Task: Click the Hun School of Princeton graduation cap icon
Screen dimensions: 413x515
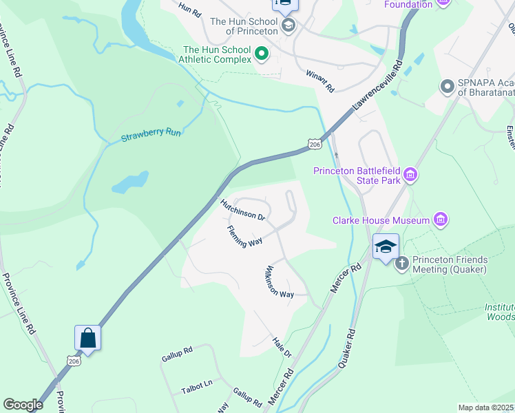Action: [x=288, y=26]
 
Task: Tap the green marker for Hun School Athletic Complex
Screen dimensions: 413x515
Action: [x=261, y=53]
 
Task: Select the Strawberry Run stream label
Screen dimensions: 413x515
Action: [x=151, y=133]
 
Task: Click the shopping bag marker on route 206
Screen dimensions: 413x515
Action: [x=87, y=337]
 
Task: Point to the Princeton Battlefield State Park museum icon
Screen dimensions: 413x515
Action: [x=411, y=176]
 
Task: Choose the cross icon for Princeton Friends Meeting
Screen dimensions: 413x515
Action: [x=402, y=262]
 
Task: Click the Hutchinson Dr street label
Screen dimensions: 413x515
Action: [x=243, y=210]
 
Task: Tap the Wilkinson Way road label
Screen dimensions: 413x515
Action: [x=280, y=282]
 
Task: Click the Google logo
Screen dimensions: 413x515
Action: [x=23, y=405]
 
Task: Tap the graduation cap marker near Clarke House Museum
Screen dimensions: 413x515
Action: [x=386, y=246]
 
